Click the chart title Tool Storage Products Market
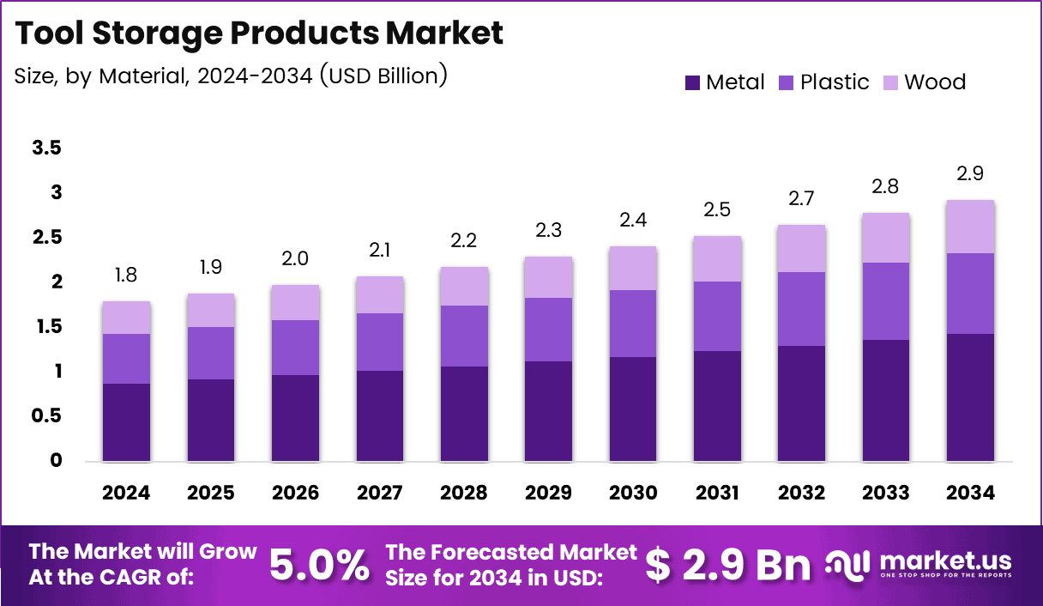(259, 33)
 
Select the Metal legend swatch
(692, 83)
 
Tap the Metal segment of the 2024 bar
(126, 422)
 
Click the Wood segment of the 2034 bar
(971, 227)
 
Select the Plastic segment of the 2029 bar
(548, 330)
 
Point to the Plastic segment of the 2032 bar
(801, 309)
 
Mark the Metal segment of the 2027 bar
(379, 415)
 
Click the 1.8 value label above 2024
(126, 276)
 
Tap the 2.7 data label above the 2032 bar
(801, 198)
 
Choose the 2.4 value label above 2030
(632, 221)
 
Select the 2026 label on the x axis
(295, 493)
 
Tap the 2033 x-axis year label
(886, 493)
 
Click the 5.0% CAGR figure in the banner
(319, 564)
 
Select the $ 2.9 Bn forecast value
(727, 564)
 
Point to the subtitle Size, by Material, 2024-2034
(231, 76)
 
